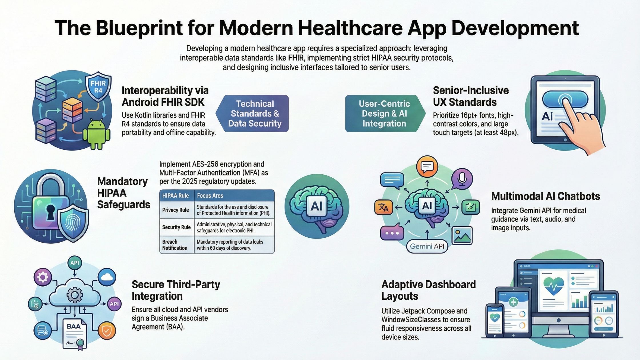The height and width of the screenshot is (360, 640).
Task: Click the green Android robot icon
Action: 97,135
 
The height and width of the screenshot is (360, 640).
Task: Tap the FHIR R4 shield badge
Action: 98,87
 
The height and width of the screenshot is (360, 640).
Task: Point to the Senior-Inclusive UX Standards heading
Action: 471,96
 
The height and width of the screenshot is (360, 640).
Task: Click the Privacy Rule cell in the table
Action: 175,210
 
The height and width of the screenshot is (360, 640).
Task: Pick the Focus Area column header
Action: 210,196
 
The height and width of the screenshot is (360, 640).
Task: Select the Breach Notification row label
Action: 175,245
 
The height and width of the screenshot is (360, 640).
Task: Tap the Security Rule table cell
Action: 176,227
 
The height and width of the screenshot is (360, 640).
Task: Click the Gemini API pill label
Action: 427,246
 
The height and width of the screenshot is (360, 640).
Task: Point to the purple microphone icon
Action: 462,179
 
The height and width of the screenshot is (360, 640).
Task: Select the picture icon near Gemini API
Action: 462,235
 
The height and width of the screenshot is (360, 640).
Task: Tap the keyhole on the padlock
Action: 51,212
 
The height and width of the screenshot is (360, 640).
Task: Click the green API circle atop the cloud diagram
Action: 75,263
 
